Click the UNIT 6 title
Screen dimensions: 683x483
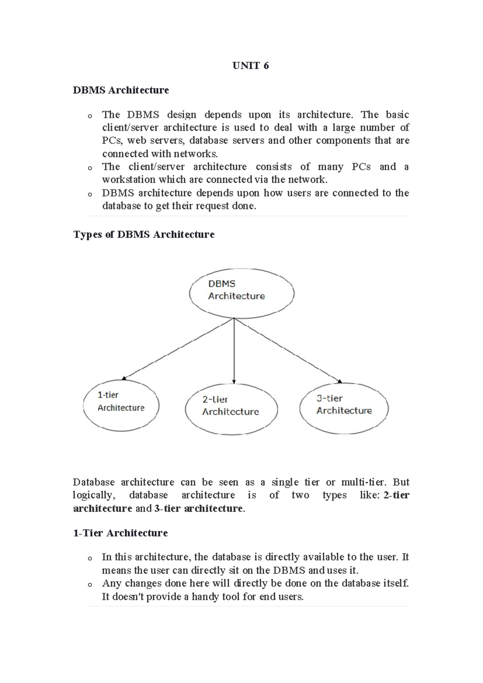coord(250,66)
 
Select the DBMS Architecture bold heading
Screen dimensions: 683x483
coord(121,90)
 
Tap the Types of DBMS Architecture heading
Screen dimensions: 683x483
coord(144,234)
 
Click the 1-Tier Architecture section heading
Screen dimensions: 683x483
coord(120,533)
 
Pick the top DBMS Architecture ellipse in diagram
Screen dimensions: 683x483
coord(242,294)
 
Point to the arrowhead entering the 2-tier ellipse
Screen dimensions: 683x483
coord(234,381)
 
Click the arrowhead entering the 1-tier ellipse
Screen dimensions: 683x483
coord(124,378)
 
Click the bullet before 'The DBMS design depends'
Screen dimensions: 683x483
coord(89,116)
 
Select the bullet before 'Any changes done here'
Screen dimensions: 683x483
coord(89,584)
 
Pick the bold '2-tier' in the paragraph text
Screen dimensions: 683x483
coord(396,495)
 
